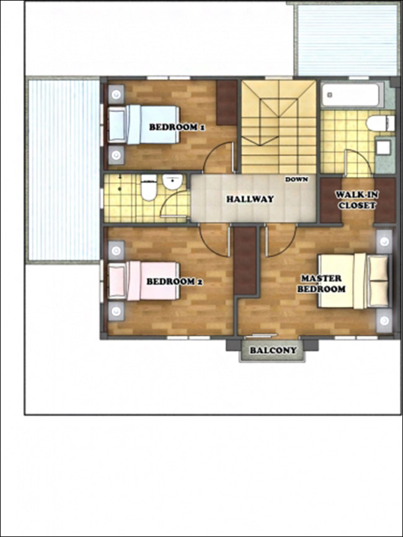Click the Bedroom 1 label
pos(177,127)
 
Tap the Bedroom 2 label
pos(174,282)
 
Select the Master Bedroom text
pos(321,284)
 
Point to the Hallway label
pos(250,199)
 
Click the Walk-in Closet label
pos(356,200)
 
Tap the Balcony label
pos(273,351)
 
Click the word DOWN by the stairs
pos(296,179)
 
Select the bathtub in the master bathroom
pos(352,95)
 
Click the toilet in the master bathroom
pos(380,123)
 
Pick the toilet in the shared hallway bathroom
pos(149,188)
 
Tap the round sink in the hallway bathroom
pos(172,182)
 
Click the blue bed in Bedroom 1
pos(144,124)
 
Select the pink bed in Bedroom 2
pos(144,281)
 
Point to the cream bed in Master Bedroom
pos(353,281)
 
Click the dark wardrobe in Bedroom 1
pos(226,102)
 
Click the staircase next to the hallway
pos(278,127)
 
